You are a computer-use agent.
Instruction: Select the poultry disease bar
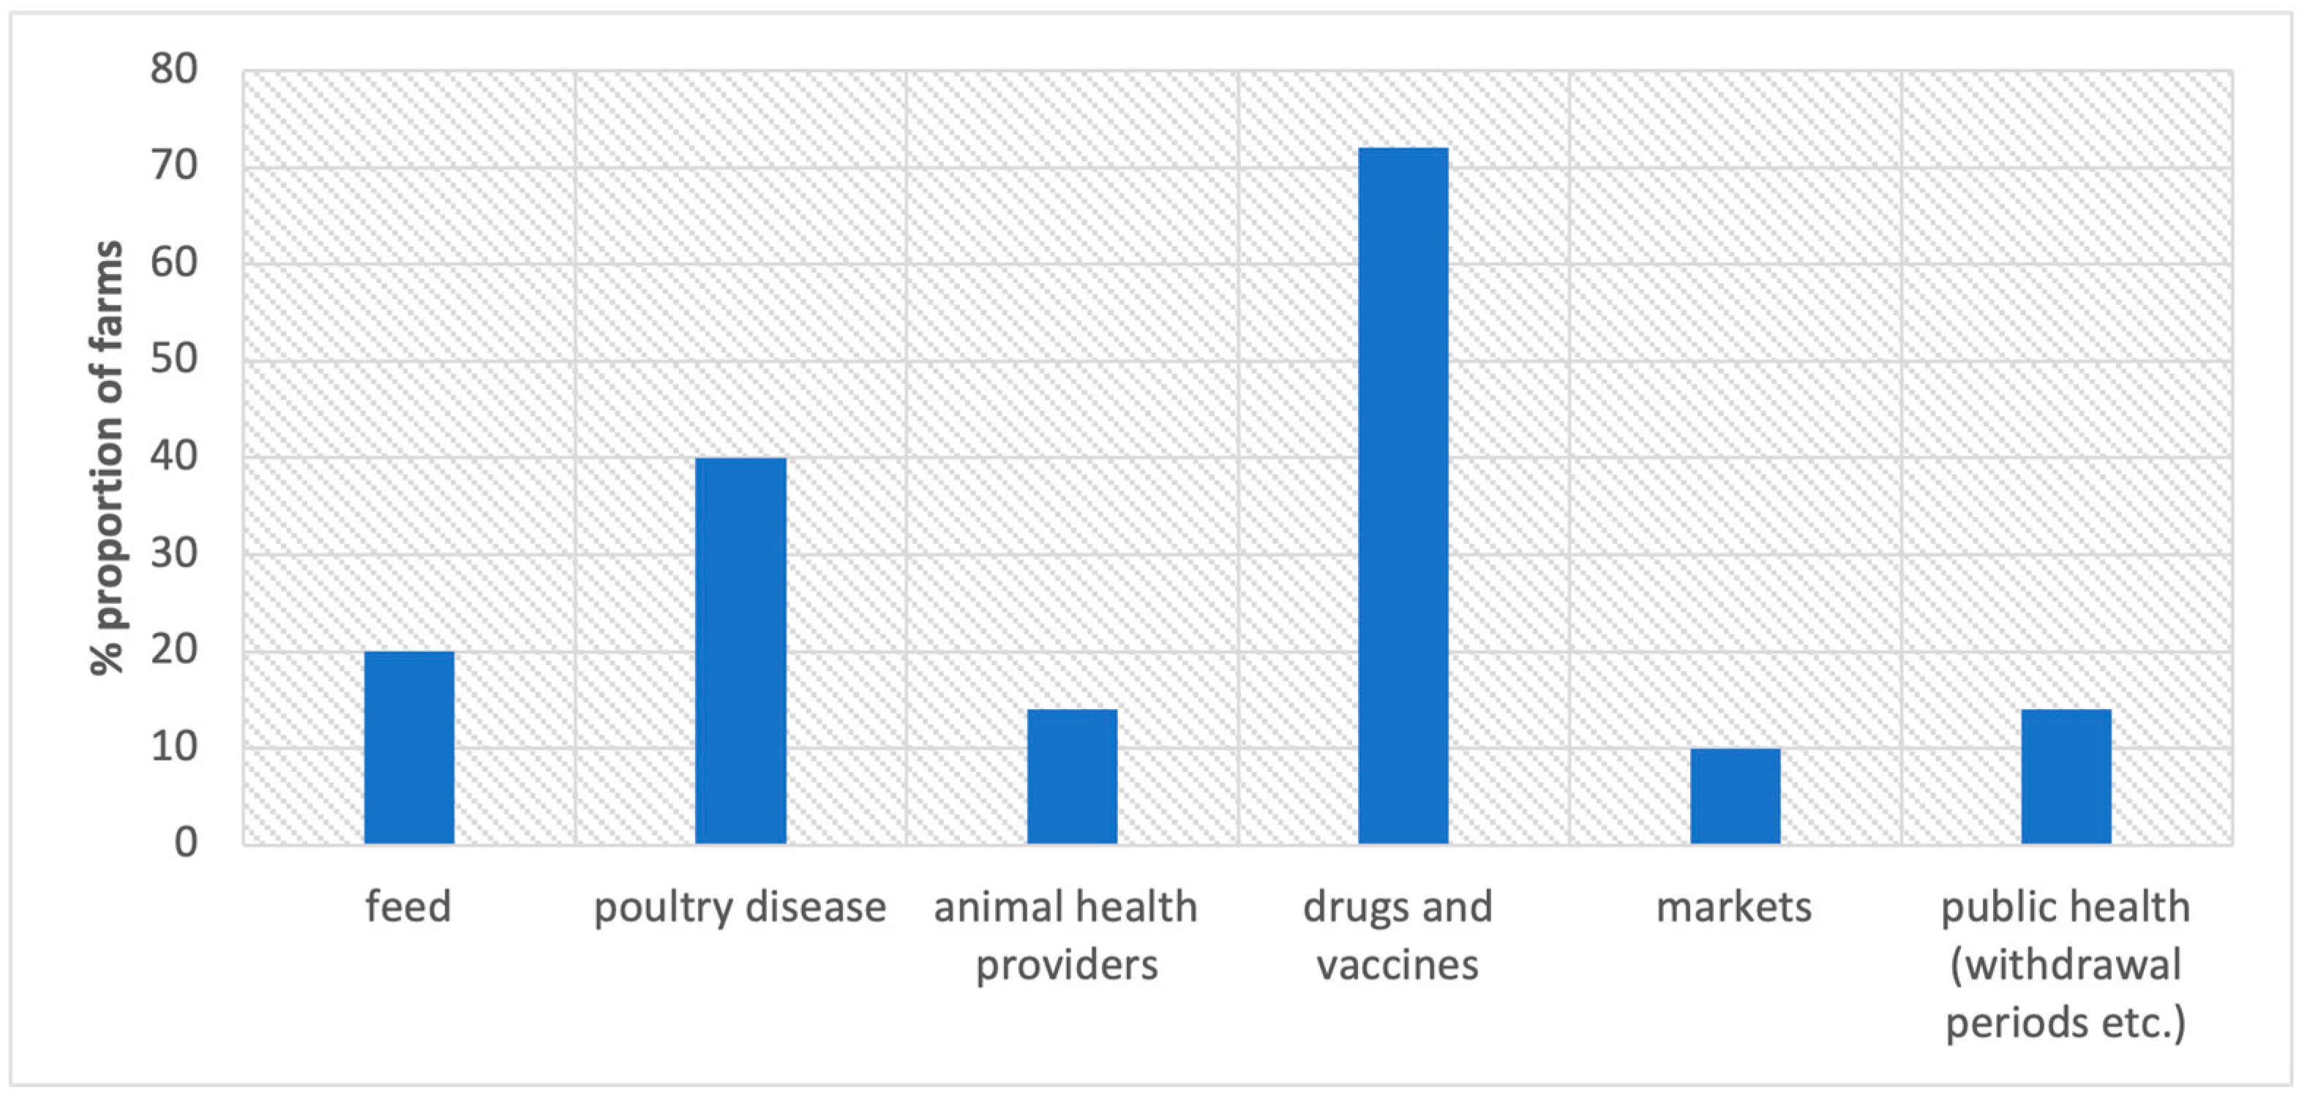click(740, 651)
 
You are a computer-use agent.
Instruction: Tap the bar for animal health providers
click(1072, 776)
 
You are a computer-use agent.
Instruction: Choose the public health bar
click(2066, 776)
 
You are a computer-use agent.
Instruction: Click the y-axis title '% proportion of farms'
click(108, 456)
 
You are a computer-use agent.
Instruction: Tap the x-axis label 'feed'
click(408, 907)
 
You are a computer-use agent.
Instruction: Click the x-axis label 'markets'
click(1734, 907)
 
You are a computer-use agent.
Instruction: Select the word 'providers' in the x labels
click(1067, 965)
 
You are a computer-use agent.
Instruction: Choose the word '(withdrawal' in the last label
click(2066, 965)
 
